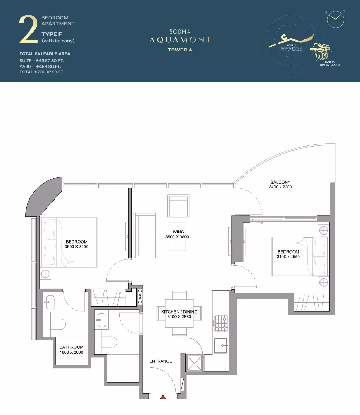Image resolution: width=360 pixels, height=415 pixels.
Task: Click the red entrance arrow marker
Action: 163,397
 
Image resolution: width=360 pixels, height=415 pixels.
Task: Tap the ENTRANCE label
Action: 161,361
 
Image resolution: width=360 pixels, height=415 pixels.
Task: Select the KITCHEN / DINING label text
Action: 179,312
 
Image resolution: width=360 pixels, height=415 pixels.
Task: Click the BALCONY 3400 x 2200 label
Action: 280,185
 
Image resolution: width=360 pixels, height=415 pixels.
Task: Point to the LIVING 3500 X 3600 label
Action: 177,235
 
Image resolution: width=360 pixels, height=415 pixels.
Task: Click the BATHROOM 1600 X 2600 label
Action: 71,350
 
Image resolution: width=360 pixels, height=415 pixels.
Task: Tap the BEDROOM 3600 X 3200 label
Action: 76,244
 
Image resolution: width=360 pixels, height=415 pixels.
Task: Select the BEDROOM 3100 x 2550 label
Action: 288,254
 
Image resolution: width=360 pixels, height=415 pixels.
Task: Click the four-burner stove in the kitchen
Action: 220,323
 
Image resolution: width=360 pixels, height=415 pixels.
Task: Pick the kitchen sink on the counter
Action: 220,345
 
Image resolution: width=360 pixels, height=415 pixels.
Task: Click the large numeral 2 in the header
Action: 28,30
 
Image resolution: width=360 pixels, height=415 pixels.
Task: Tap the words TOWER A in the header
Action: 180,50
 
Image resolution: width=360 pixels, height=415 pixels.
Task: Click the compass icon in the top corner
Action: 335,19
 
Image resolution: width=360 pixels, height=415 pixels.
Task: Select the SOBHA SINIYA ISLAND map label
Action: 330,63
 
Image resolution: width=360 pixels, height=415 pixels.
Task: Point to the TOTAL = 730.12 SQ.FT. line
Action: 42,72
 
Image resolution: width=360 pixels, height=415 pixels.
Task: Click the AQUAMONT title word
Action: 180,40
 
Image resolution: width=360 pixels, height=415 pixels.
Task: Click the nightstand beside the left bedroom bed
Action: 45,274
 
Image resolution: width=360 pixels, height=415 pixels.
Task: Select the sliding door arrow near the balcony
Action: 260,223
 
